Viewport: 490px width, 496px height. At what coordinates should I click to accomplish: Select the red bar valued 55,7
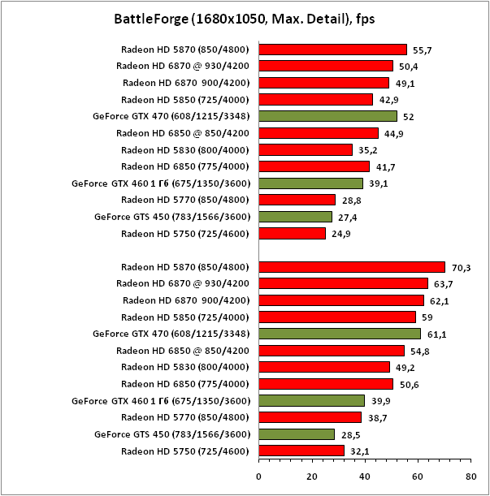(332, 50)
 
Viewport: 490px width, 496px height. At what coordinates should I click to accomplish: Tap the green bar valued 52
(327, 116)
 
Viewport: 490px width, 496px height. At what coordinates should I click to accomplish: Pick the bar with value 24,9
(292, 234)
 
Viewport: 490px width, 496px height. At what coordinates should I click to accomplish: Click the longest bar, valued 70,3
(352, 267)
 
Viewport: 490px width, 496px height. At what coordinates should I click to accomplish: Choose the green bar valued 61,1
(340, 334)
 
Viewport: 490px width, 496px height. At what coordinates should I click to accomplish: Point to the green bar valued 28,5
(297, 434)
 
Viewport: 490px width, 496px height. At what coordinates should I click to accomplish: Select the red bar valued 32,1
(301, 451)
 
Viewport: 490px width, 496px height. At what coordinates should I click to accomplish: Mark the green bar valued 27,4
(295, 217)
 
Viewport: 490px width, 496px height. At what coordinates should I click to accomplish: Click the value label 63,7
(443, 284)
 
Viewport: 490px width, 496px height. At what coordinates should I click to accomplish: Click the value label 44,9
(393, 133)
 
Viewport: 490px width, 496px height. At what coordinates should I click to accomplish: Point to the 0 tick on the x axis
(259, 477)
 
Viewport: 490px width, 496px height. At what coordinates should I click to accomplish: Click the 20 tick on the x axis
(312, 477)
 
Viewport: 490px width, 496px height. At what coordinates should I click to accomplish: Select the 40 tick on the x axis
(365, 477)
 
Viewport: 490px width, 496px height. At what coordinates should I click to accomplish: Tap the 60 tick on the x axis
(418, 477)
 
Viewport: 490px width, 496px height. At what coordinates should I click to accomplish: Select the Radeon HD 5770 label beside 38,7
(184, 417)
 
